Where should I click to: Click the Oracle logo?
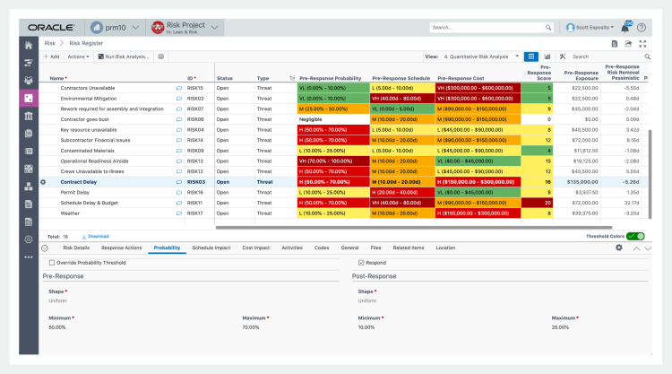point(52,27)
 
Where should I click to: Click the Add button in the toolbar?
point(51,57)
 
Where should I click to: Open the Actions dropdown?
point(78,57)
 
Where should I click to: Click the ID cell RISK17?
point(195,213)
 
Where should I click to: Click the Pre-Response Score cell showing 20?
point(547,203)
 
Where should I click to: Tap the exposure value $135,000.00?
point(584,181)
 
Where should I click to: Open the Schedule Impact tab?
point(211,247)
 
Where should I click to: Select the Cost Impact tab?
point(255,247)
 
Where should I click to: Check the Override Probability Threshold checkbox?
point(52,263)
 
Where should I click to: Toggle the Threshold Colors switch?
point(635,236)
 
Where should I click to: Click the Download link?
point(98,236)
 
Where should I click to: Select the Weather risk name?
point(70,213)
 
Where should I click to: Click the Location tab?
point(445,247)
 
